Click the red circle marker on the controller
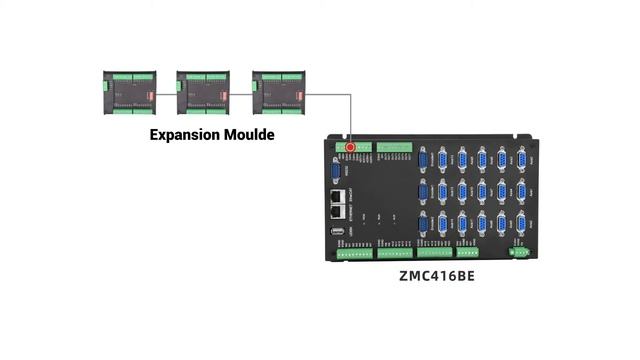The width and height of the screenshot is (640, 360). pyautogui.click(x=351, y=147)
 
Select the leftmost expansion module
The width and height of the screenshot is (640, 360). pyautogui.click(x=128, y=92)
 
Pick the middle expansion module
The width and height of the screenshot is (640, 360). pyautogui.click(x=203, y=92)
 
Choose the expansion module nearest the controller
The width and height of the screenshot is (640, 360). pyautogui.click(x=278, y=92)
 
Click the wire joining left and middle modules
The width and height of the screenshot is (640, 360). pyautogui.click(x=166, y=93)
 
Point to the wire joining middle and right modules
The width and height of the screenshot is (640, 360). pyautogui.click(x=241, y=93)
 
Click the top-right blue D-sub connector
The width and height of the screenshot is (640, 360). pyautogui.click(x=521, y=159)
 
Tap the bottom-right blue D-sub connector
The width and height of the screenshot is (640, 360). pyautogui.click(x=521, y=223)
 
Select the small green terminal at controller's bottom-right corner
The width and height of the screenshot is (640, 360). pyautogui.click(x=519, y=251)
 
